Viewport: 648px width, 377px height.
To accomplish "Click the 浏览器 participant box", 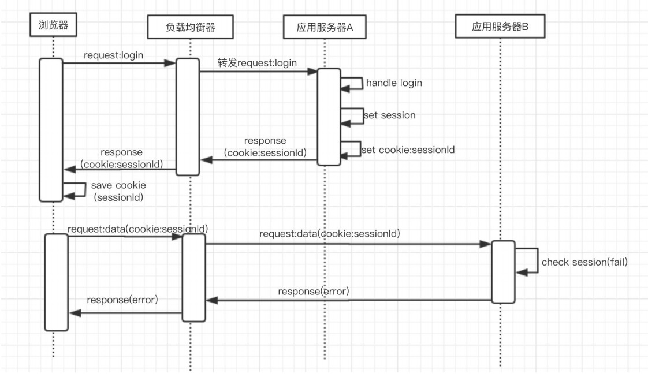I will (x=53, y=25).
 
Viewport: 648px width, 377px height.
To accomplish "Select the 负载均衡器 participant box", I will (x=190, y=26).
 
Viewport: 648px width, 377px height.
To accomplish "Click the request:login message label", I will (x=113, y=55).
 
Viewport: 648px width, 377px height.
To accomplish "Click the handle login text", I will (x=394, y=83).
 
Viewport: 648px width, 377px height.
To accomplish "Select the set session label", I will (x=390, y=115).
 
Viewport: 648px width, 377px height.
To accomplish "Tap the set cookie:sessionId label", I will (x=408, y=150).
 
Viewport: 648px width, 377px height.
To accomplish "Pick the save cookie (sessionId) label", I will (x=118, y=191).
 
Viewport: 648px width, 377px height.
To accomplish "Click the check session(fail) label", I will (x=584, y=262).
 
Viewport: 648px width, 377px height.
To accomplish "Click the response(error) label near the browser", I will (x=122, y=300).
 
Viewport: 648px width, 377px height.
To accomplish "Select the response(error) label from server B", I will (x=313, y=292).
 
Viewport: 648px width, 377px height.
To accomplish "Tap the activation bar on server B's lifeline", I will (x=503, y=271).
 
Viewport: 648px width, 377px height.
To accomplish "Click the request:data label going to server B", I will (x=330, y=234).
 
